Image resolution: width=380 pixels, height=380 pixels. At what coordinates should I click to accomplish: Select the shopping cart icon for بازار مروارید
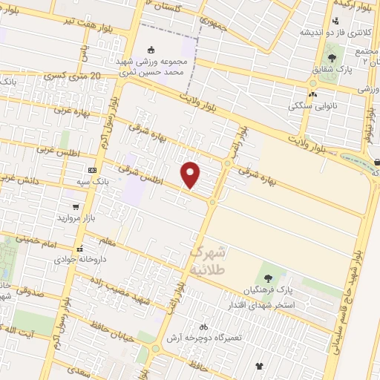tap(76, 207)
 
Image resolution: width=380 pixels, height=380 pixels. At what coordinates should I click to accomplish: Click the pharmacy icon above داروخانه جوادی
tap(79, 249)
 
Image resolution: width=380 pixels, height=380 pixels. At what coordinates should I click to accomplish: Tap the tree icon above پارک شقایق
tap(332, 57)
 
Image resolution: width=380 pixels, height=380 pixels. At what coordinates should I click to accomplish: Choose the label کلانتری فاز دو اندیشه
tap(325, 33)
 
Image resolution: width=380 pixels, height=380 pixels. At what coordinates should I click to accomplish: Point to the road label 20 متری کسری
tap(73, 76)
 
